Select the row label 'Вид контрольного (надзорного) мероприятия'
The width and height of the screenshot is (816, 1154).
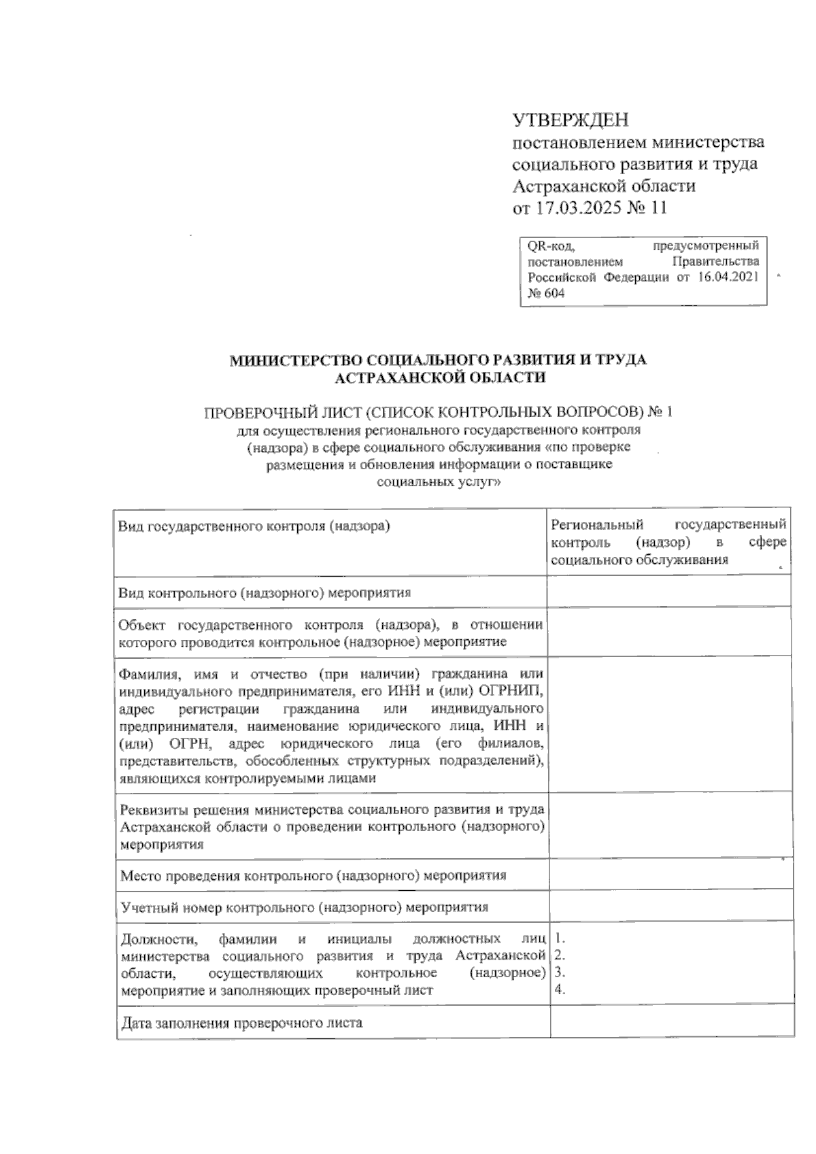point(265,592)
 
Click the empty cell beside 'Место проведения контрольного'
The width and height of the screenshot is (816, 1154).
point(670,875)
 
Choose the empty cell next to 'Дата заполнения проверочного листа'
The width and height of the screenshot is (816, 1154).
point(670,1022)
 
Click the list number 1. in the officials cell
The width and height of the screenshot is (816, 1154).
point(560,940)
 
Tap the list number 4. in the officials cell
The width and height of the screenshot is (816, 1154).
point(560,989)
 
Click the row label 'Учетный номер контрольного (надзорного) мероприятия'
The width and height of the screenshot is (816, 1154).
point(304,906)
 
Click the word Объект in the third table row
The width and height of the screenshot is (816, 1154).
point(142,626)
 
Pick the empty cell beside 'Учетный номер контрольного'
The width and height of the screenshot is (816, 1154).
point(670,906)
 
